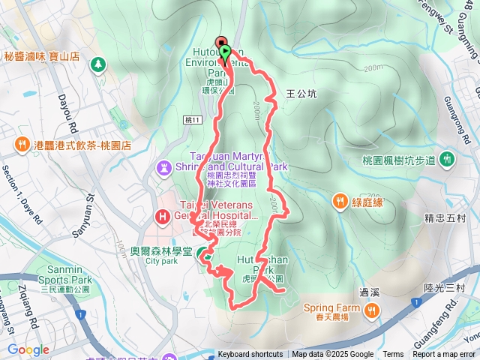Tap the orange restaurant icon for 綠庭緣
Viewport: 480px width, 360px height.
pos(340,200)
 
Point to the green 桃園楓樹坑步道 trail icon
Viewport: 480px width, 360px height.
pos(448,159)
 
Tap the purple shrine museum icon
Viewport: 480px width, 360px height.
pos(164,166)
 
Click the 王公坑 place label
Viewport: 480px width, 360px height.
pos(301,94)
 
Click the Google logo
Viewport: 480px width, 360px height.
pos(28,349)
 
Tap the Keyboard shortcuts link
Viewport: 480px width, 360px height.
pos(250,355)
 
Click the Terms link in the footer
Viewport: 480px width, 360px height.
pos(393,355)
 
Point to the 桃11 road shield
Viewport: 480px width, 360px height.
pos(191,119)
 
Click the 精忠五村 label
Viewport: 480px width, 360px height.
pos(445,219)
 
